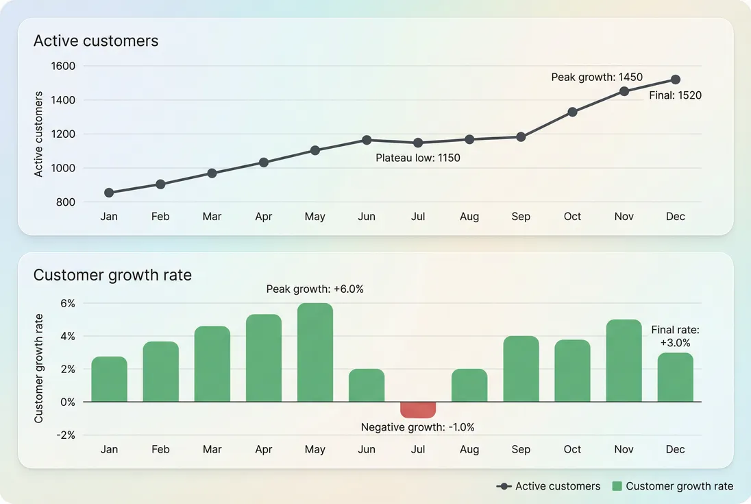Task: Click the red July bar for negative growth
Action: coord(418,409)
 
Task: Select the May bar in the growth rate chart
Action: coord(315,352)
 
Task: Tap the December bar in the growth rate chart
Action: coord(676,377)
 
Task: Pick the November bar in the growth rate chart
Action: coord(624,361)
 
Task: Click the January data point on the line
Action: coord(109,193)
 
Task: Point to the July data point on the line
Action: coord(418,143)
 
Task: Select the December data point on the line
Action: coord(676,80)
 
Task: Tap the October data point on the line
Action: coord(572,112)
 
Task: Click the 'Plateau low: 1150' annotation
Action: coord(418,158)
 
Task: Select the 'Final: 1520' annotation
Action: coord(675,96)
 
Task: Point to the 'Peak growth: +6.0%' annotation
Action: coord(315,289)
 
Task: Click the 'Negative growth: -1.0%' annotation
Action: coord(418,427)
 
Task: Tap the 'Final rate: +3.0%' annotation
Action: coord(675,336)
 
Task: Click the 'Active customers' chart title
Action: coord(96,41)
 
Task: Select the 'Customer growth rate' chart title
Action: coord(112,275)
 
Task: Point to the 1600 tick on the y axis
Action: coord(63,67)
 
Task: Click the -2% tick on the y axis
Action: coord(66,435)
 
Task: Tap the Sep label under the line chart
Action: coord(521,217)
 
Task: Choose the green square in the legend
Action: coord(617,486)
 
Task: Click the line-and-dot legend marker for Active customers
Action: coord(504,486)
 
